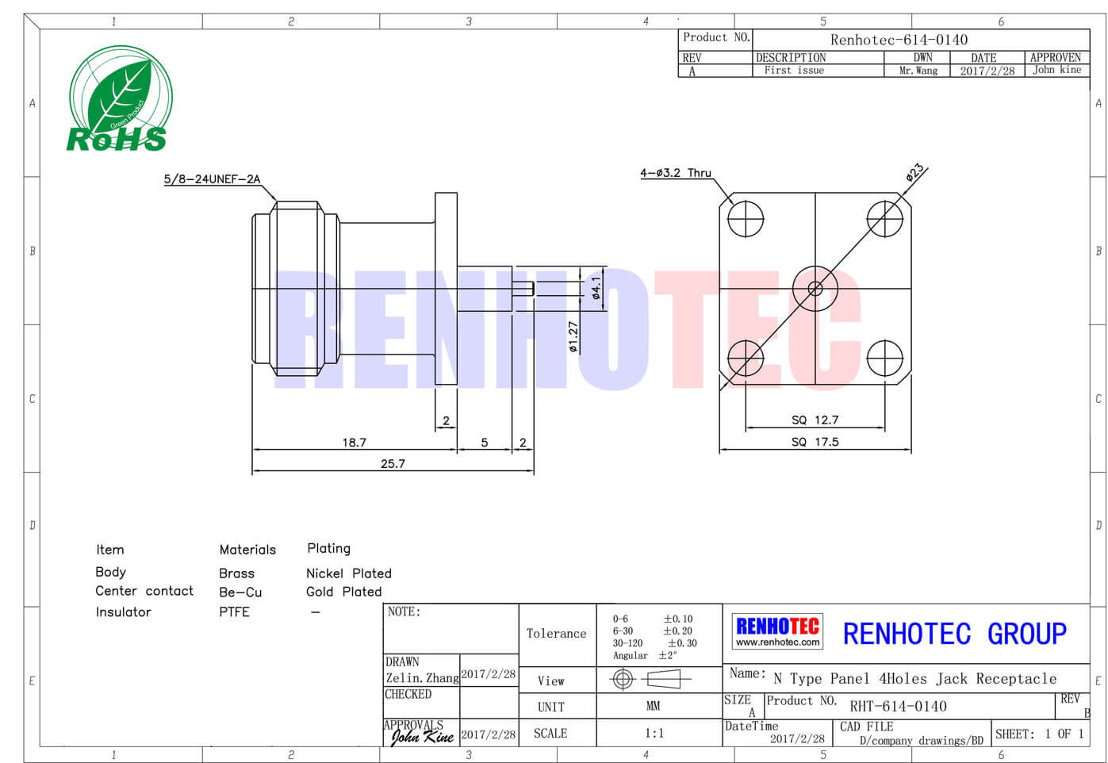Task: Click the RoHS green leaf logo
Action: click(121, 99)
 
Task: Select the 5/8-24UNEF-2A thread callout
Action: click(212, 179)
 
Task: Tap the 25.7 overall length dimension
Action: click(393, 464)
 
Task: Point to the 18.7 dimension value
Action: click(355, 442)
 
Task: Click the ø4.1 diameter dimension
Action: click(596, 288)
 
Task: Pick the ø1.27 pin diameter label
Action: click(573, 337)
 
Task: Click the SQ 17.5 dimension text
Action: click(815, 442)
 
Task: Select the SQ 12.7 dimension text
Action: click(815, 420)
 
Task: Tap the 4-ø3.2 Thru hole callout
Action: click(675, 173)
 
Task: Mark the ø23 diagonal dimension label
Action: click(914, 173)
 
